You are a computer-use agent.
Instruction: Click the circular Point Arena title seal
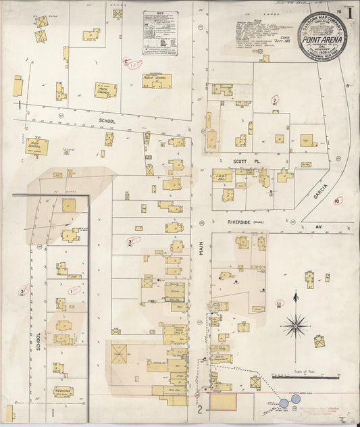click(322, 36)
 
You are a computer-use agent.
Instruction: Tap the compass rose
click(296, 326)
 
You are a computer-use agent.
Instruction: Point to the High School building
click(36, 146)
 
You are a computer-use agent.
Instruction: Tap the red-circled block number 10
click(337, 200)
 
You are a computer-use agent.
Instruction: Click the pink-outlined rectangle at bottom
click(224, 402)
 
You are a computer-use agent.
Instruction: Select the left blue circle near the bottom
click(284, 403)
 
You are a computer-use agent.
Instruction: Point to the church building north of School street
click(105, 90)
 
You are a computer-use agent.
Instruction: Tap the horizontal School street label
click(106, 122)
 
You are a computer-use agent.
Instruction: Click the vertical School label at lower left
click(38, 341)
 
